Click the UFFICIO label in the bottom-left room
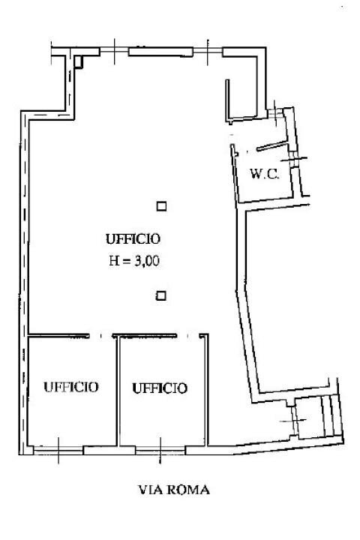click(x=70, y=387)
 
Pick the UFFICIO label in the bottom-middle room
click(x=160, y=388)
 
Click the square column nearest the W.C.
click(x=160, y=205)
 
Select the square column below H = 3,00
click(x=160, y=295)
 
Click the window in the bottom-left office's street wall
click(x=59, y=450)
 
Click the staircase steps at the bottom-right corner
click(x=327, y=415)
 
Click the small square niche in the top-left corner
click(x=78, y=62)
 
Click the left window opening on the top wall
click(x=111, y=51)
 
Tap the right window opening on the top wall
click(x=208, y=51)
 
